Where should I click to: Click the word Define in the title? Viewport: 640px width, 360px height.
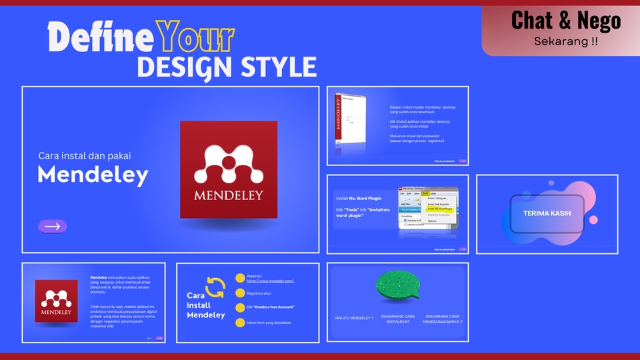pyautogui.click(x=101, y=38)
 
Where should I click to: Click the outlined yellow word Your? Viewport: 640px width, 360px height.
pyautogui.click(x=195, y=38)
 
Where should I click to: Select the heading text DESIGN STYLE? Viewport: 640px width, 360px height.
pyautogui.click(x=226, y=67)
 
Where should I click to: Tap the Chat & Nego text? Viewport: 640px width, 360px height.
pyautogui.click(x=565, y=21)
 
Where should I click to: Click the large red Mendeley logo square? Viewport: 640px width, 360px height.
pyautogui.click(x=229, y=169)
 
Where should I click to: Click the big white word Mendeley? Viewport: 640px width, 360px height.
pyautogui.click(x=93, y=175)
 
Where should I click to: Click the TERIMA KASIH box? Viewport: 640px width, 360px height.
pyautogui.click(x=547, y=214)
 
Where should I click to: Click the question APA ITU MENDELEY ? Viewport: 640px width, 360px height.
pyautogui.click(x=353, y=318)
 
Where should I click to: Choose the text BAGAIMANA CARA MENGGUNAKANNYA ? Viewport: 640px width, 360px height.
pyautogui.click(x=442, y=318)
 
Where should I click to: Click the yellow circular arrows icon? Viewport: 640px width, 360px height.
pyautogui.click(x=215, y=287)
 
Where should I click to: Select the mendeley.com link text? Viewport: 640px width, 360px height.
pyautogui.click(x=270, y=281)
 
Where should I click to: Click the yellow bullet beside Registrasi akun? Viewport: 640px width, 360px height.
pyautogui.click(x=240, y=293)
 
